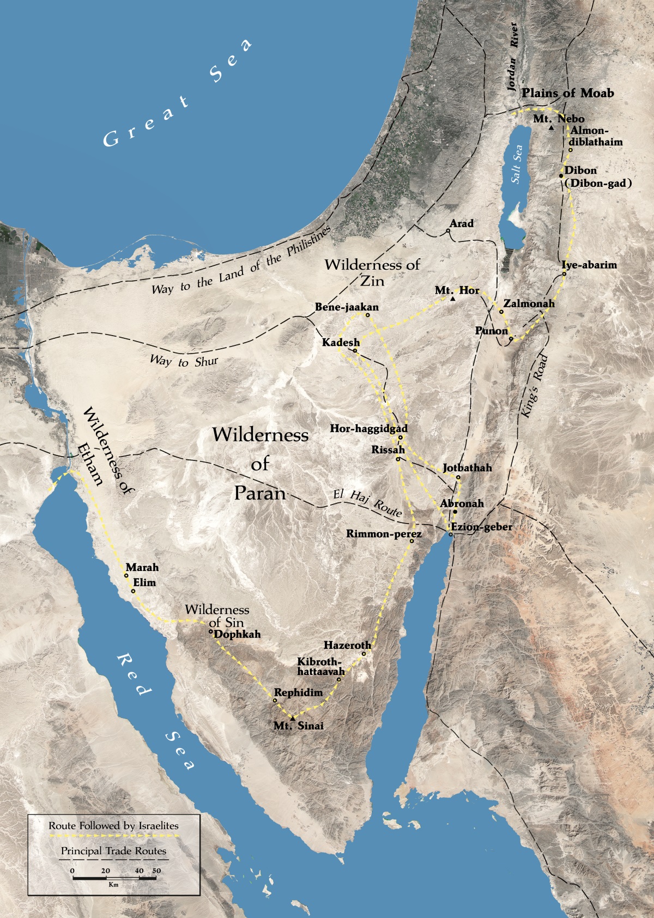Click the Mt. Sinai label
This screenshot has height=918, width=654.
tap(298, 726)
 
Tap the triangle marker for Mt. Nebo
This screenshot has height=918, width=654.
tap(551, 128)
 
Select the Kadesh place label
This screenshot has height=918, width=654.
tap(341, 343)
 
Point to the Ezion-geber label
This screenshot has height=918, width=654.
tap(481, 527)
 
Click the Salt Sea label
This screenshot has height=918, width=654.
tap(517, 163)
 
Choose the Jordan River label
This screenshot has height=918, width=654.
tap(512, 57)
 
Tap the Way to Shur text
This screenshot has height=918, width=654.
tap(184, 361)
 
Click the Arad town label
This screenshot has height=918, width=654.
tap(461, 223)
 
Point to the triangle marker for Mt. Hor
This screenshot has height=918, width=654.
tap(452, 299)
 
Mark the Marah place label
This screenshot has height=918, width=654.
tap(142, 567)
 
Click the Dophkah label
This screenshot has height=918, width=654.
tap(237, 634)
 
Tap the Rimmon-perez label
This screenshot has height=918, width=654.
tap(384, 534)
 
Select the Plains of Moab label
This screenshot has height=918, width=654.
tap(567, 93)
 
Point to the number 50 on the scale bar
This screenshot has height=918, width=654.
tap(156, 871)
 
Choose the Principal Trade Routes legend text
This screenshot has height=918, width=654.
tap(113, 851)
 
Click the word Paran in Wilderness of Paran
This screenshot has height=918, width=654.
tap(260, 493)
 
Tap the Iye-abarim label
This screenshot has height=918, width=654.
tap(589, 265)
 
